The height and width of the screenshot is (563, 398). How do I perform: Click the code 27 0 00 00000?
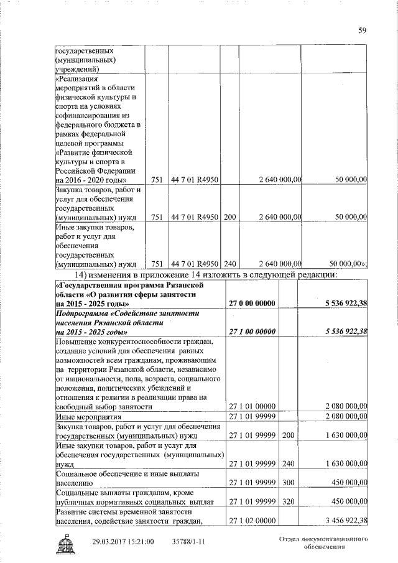(x=253, y=303)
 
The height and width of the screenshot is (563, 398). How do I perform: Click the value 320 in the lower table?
(x=287, y=501)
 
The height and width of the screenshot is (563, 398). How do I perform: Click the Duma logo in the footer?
(x=65, y=542)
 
